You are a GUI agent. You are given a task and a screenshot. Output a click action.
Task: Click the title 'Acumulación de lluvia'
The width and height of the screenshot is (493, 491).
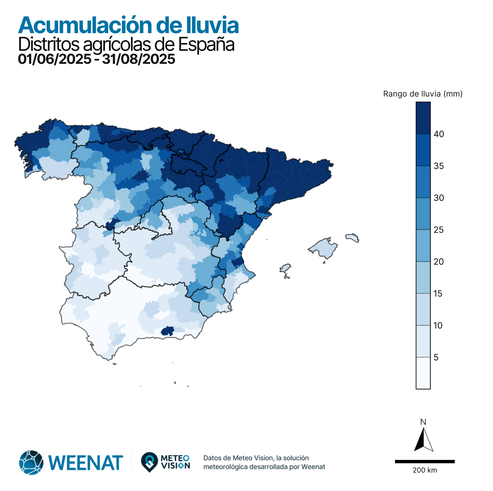point(128,26)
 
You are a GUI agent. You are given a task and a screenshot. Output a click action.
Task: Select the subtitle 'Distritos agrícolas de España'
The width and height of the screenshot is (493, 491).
point(126,45)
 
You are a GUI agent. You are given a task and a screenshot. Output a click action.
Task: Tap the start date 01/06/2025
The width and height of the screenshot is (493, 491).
point(54,59)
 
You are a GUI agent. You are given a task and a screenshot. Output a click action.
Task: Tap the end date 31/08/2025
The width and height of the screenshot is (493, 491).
point(139,59)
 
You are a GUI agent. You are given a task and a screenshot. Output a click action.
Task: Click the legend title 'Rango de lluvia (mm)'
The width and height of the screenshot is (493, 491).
point(423,94)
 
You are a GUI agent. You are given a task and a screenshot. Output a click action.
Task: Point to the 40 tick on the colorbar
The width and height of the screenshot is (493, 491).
point(439,134)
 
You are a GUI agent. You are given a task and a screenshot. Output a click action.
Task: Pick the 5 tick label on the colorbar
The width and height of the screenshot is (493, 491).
point(436,357)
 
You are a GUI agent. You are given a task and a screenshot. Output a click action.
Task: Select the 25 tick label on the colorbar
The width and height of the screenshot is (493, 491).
point(439,230)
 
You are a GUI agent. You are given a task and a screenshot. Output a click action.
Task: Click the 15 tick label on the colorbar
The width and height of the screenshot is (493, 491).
point(439,293)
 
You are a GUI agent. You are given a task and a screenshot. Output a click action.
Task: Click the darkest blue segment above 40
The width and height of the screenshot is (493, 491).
point(423,118)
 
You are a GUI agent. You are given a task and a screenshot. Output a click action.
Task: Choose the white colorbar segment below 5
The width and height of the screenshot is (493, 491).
point(423,373)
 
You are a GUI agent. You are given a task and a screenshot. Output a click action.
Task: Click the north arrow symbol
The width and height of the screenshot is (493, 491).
point(423,440)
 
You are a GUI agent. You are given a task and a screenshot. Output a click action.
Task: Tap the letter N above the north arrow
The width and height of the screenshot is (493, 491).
point(423,422)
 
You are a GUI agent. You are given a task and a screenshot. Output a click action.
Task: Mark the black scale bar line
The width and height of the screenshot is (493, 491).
point(425,461)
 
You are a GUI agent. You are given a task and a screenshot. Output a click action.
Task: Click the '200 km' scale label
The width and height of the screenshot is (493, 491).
point(425,470)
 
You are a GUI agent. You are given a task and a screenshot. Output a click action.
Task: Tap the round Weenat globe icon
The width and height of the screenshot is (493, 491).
point(31,462)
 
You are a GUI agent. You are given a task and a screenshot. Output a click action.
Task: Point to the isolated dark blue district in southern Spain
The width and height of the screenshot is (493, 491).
point(167,330)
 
